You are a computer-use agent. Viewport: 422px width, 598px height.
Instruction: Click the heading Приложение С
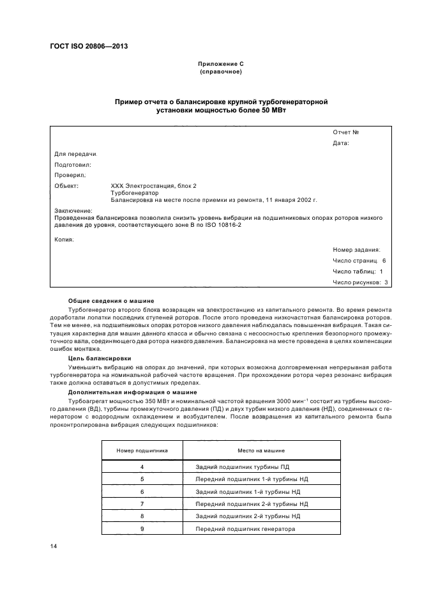click(x=221, y=65)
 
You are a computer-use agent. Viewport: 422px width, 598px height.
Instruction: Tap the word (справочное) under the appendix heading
click(x=221, y=72)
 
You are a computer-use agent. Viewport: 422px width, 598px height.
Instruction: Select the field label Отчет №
click(x=345, y=132)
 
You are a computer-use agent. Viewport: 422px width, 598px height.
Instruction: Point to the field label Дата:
click(x=341, y=143)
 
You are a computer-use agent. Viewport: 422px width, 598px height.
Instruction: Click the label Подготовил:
click(x=73, y=164)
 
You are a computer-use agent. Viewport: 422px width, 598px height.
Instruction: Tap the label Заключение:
click(x=73, y=210)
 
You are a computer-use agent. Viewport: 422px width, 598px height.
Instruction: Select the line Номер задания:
click(x=356, y=250)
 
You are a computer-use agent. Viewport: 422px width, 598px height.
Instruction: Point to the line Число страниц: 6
click(x=359, y=261)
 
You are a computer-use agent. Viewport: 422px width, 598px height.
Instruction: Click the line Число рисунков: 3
click(x=360, y=282)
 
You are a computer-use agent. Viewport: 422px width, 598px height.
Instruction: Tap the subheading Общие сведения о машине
click(x=111, y=300)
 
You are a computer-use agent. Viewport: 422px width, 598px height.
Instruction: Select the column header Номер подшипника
click(x=142, y=450)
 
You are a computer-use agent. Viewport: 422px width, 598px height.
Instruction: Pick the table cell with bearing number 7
click(x=142, y=503)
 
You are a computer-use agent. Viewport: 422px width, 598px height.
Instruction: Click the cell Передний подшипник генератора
click(x=246, y=529)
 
